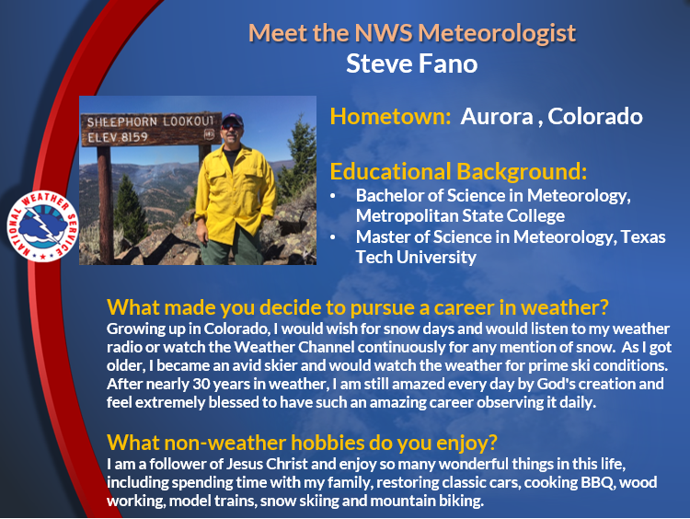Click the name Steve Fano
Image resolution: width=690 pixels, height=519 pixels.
click(411, 63)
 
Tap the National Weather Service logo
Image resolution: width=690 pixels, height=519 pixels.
click(42, 225)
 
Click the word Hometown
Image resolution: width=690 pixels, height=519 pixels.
click(390, 116)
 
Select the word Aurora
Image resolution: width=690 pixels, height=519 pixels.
click(497, 116)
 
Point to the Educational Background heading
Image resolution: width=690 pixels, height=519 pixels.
click(458, 171)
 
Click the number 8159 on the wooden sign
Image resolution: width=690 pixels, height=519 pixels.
click(134, 137)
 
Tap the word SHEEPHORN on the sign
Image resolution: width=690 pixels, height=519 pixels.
click(121, 122)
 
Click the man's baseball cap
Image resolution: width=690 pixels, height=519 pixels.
click(233, 120)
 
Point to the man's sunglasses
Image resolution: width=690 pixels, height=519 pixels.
click(232, 126)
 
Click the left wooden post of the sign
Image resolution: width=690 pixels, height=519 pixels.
click(105, 205)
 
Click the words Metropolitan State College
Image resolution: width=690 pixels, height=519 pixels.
click(460, 215)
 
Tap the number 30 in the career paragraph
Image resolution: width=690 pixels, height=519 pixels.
click(201, 384)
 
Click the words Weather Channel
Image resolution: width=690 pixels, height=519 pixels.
click(293, 347)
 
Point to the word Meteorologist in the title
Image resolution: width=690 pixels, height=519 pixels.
click(497, 33)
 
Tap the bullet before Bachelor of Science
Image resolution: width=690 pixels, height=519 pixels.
click(333, 196)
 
